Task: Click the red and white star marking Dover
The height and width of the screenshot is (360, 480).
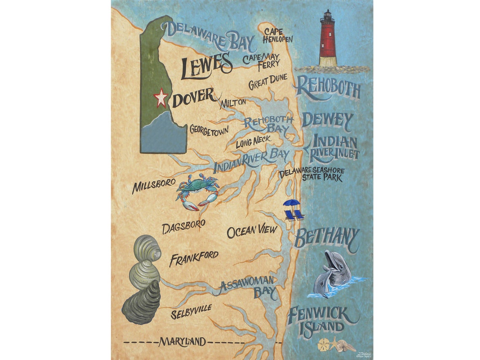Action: click(x=160, y=98)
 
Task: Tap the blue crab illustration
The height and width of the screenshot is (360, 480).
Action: click(x=197, y=192)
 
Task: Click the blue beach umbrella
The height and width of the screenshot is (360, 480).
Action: click(x=291, y=203)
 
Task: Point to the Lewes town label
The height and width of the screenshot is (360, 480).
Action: click(x=206, y=66)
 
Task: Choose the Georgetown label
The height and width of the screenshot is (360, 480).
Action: click(x=209, y=129)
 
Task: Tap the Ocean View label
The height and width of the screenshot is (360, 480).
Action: click(x=252, y=231)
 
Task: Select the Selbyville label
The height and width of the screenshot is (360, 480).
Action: click(x=191, y=312)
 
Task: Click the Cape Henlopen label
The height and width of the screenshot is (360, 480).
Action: click(x=278, y=36)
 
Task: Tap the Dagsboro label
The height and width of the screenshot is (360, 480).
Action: click(x=184, y=226)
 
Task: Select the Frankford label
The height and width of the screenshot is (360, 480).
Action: click(x=194, y=258)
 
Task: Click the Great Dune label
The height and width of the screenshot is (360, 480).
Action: click(x=268, y=82)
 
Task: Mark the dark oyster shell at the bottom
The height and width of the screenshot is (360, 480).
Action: click(x=141, y=302)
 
